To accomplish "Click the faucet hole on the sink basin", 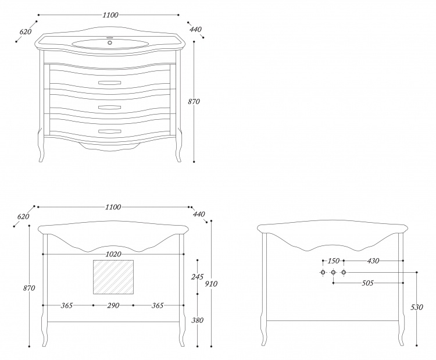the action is click(110, 42).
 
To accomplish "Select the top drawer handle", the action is click(110, 83).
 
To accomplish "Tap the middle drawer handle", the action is click(110, 107).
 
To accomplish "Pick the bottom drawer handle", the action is click(110, 131).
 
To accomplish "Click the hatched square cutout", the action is click(113, 277).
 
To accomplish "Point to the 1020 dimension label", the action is click(113, 254).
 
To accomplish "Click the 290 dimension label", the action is click(113, 305).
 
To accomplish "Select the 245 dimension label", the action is click(197, 277).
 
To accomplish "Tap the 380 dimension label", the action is click(197, 320).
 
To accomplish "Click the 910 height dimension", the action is click(211, 284).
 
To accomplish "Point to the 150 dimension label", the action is click(334, 261).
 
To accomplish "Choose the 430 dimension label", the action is click(373, 261).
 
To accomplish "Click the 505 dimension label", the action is click(367, 283).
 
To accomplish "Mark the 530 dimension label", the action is click(417, 307).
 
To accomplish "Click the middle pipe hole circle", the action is click(333, 272).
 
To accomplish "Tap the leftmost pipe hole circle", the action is click(323, 272).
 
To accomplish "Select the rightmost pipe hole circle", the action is click(344, 272).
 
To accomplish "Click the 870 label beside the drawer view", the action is click(194, 102).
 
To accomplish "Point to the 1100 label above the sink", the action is click(110, 15).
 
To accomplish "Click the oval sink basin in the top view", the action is click(110, 44).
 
